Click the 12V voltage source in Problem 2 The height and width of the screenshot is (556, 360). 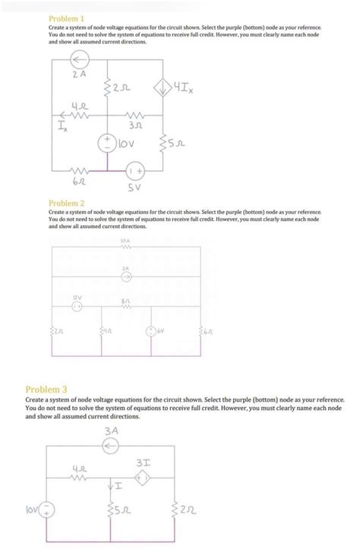76,307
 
